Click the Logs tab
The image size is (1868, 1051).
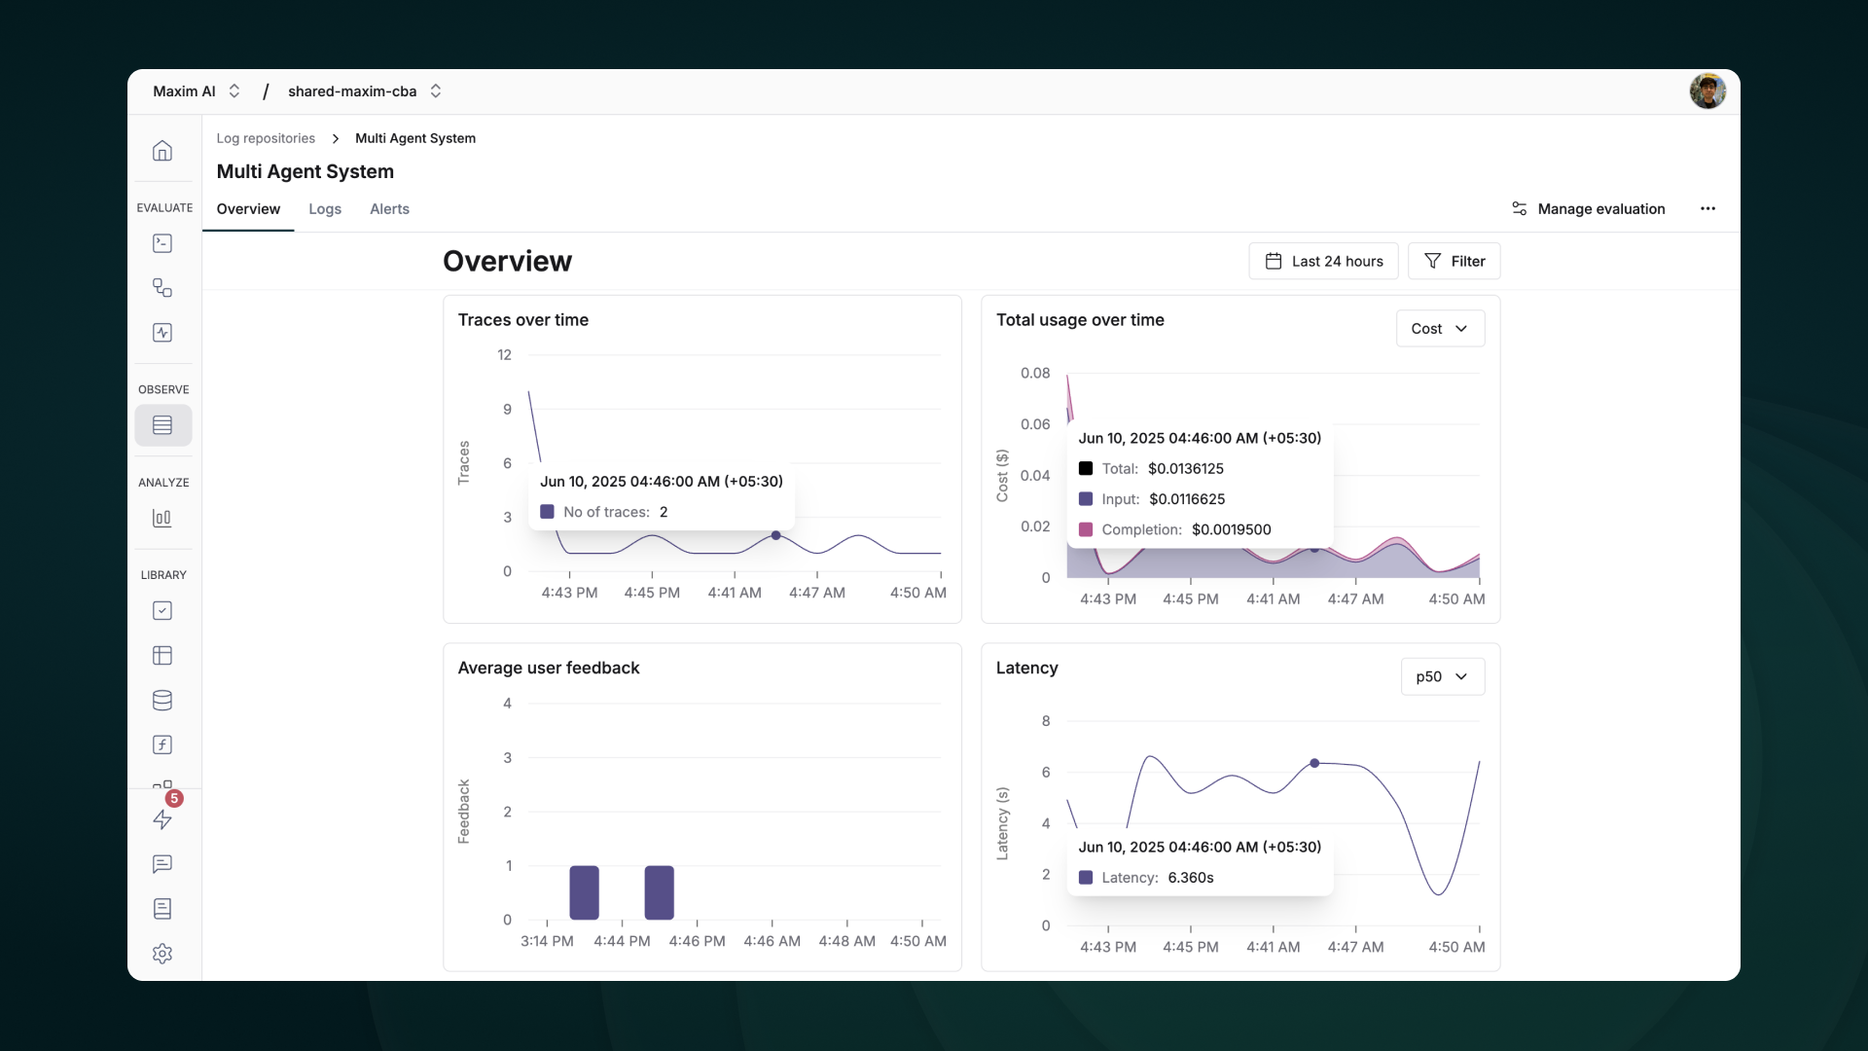coord(325,209)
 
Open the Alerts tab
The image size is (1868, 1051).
coord(389,209)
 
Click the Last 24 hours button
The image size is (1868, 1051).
coord(1323,261)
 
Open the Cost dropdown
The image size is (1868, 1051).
coord(1440,329)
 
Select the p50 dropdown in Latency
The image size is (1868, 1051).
coord(1442,676)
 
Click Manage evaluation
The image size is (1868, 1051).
coord(1588,209)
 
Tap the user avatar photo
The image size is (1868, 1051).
coord(1707,91)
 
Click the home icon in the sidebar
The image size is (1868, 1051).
coord(162,151)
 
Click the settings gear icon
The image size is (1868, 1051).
coord(162,954)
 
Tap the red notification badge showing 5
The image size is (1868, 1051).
coord(174,799)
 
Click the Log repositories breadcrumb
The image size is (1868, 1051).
coord(266,138)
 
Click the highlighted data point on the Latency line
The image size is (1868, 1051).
coord(1314,763)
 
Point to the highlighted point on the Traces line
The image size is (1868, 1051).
coord(775,535)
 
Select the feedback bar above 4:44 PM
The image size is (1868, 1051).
coord(584,892)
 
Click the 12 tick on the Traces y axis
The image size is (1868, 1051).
coord(504,355)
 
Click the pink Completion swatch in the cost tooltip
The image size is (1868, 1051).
coord(1086,529)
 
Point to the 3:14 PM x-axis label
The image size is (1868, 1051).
coord(547,941)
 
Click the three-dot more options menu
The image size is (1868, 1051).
coord(1707,209)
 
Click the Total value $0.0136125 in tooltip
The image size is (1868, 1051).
coord(1185,469)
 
